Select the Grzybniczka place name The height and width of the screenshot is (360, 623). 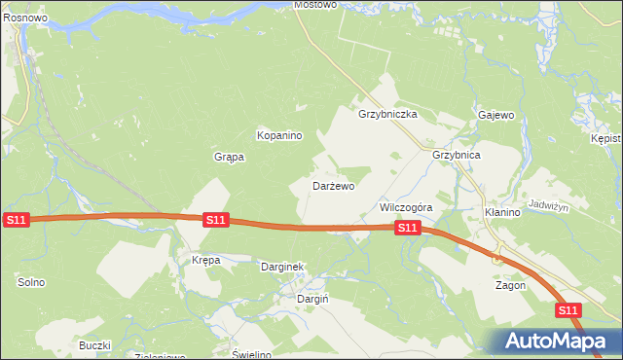click(387, 114)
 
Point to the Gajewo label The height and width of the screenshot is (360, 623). click(495, 115)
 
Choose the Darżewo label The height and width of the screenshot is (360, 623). click(333, 185)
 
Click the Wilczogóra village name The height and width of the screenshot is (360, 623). click(405, 208)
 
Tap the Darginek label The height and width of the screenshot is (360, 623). click(283, 266)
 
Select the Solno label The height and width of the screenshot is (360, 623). click(31, 282)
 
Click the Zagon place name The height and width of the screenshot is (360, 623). click(510, 286)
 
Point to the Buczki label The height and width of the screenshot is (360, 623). click(95, 345)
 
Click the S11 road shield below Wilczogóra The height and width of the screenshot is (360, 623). click(407, 228)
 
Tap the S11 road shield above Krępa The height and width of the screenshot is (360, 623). click(215, 221)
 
